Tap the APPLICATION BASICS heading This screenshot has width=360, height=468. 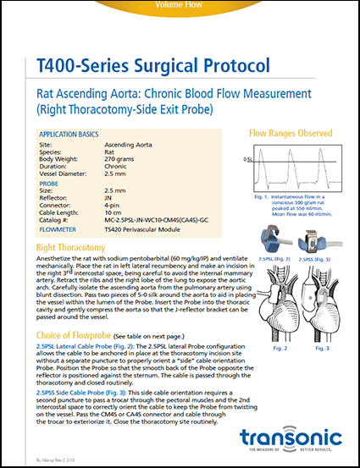[77, 135]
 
